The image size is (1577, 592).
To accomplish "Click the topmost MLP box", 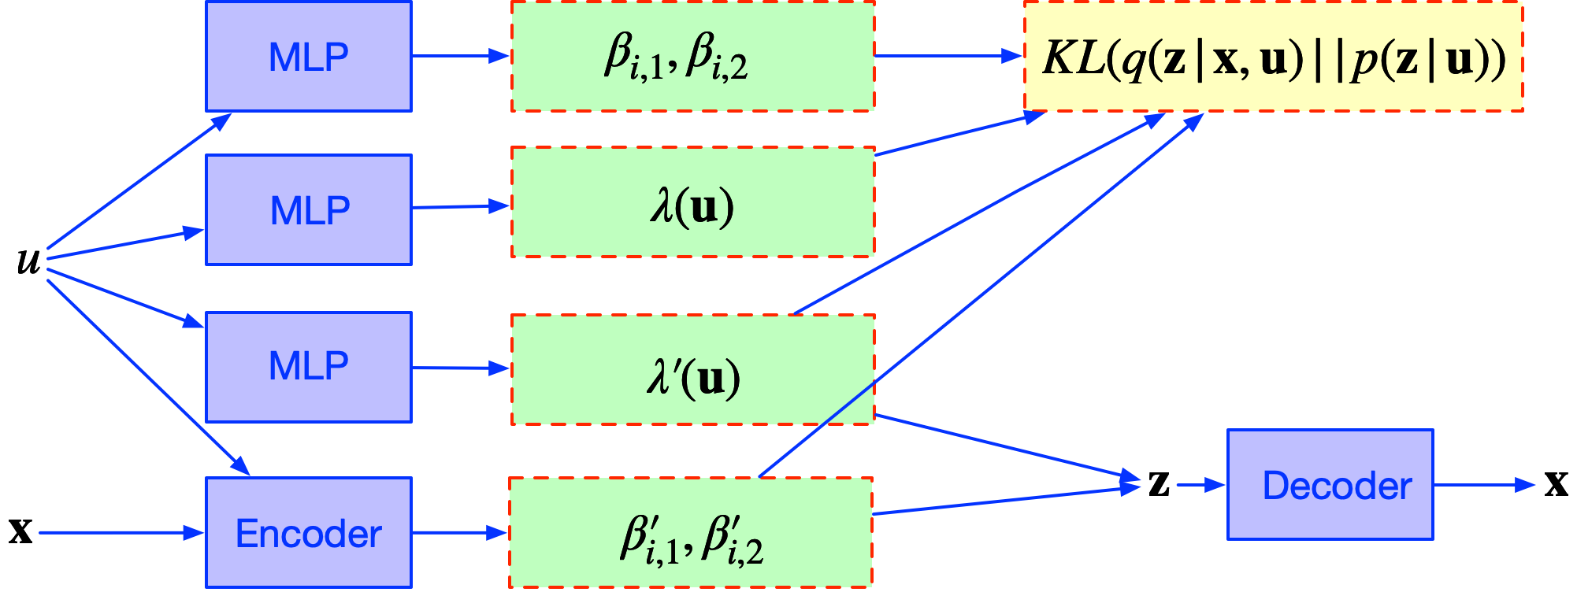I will point(308,57).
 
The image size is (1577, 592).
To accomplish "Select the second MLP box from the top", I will point(308,209).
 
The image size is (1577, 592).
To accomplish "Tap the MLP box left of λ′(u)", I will point(308,367).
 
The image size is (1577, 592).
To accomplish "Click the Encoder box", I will point(308,533).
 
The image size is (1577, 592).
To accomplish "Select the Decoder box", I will point(1330,485).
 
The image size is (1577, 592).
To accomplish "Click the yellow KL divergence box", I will point(1273,57).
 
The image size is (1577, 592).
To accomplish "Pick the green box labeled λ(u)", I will point(692,202).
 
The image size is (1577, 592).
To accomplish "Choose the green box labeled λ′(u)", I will point(692,370).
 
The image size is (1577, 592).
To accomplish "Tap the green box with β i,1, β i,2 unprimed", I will point(692,57).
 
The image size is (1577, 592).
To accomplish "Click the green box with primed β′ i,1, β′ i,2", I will point(691,533).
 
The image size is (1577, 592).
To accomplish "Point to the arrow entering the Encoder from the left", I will point(118,533).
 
